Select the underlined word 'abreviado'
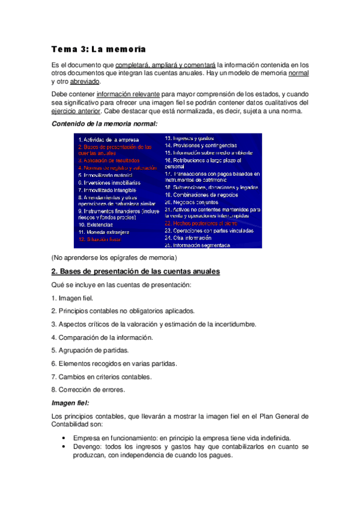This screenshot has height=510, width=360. [x=84, y=81]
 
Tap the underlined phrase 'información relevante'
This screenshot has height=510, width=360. [x=127, y=94]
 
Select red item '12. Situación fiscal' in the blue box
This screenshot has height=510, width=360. [x=100, y=239]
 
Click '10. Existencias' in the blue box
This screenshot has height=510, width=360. [x=96, y=224]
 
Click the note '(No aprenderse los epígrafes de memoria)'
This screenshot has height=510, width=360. [x=114, y=258]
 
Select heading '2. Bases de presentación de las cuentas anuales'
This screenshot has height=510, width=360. [x=136, y=272]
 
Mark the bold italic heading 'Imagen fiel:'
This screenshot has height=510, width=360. [x=70, y=403]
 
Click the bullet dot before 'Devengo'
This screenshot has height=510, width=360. [x=64, y=447]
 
